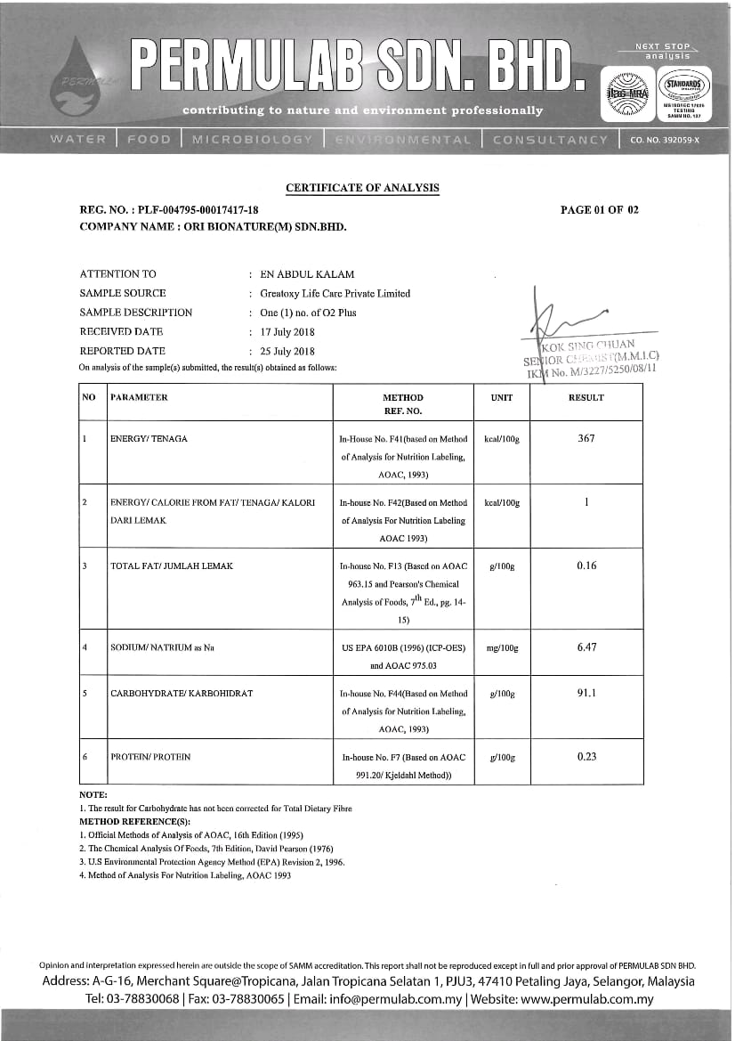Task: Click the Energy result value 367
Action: coord(586,438)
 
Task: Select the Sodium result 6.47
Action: coord(586,647)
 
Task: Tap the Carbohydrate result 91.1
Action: coord(586,693)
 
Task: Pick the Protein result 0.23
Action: coord(586,757)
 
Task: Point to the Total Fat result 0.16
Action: coord(586,565)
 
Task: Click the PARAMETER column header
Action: coord(139,397)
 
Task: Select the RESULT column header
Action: coord(586,398)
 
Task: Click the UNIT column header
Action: coord(502,398)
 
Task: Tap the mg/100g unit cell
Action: coord(502,647)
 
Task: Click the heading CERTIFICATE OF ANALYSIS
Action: coord(362,188)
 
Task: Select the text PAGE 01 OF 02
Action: coord(600,210)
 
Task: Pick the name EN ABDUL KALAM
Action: coord(302,274)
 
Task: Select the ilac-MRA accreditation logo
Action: coord(626,93)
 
